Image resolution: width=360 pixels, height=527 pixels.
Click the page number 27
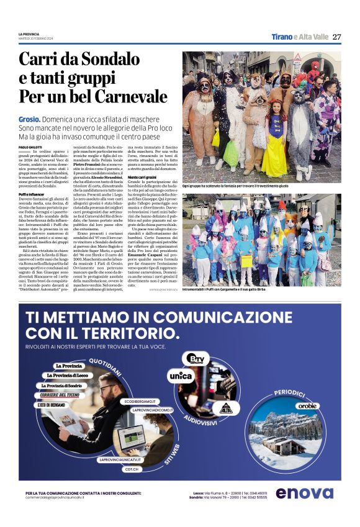click(336, 37)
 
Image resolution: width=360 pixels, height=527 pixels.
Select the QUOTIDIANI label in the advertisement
click(105, 361)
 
